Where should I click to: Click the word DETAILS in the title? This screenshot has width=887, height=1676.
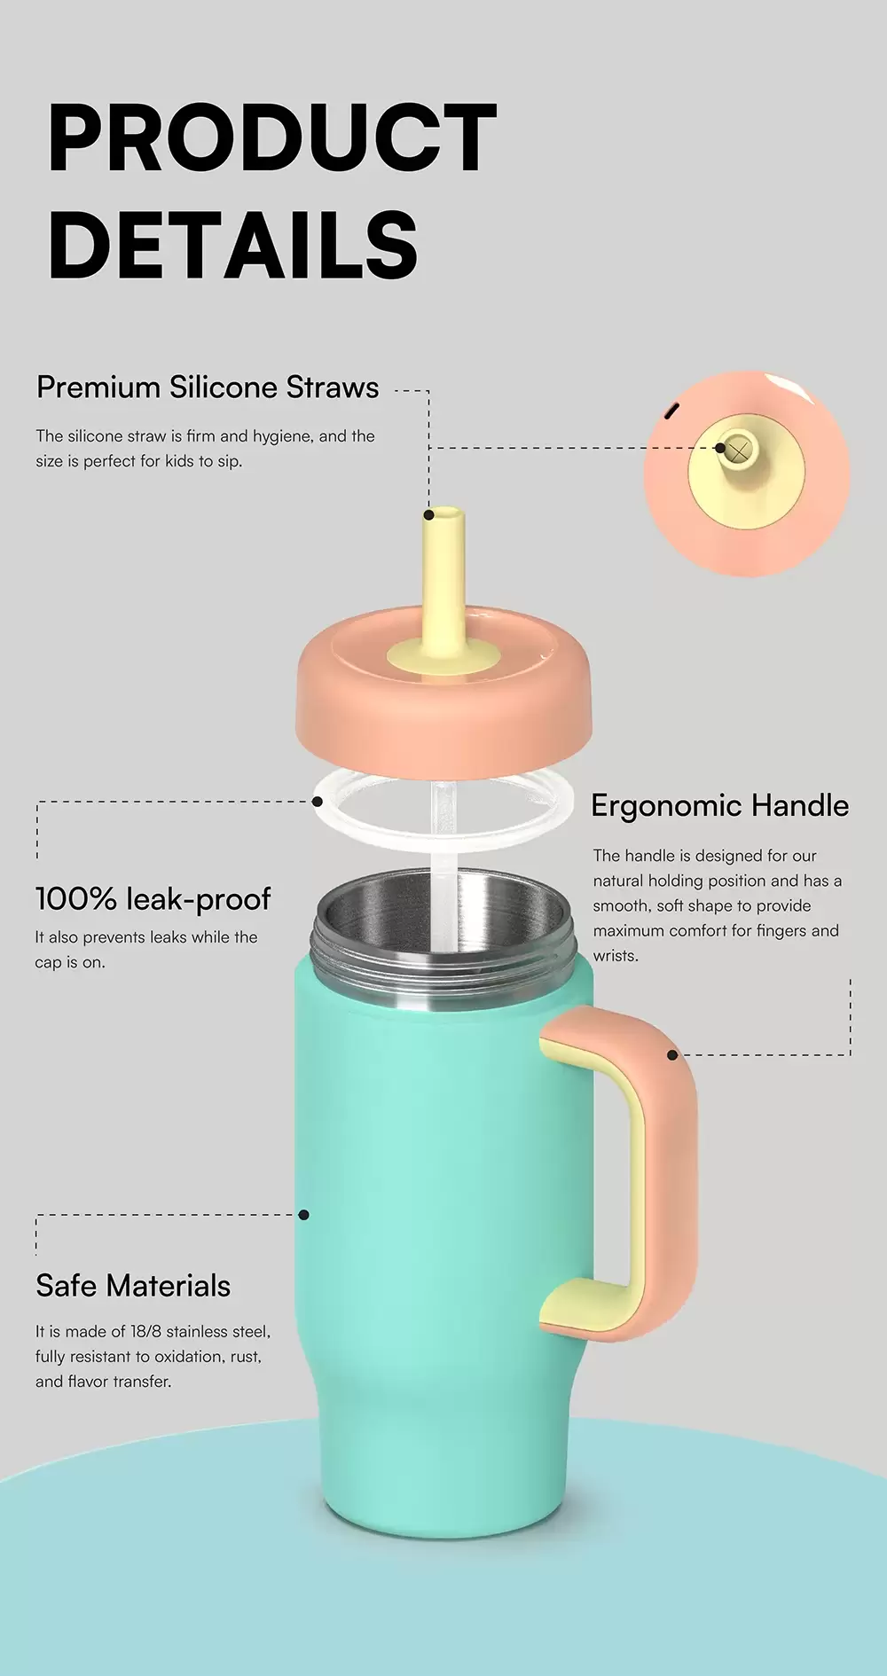click(232, 246)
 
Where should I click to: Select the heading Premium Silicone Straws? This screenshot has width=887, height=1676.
click(208, 388)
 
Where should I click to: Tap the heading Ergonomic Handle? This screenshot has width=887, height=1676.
click(719, 805)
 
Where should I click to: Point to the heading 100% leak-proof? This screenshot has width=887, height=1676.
click(153, 899)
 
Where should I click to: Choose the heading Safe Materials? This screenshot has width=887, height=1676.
click(133, 1286)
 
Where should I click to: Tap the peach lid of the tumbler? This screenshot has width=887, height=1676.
click(443, 709)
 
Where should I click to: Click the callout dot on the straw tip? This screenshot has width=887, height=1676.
click(428, 514)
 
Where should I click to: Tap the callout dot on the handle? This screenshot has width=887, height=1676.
click(672, 1054)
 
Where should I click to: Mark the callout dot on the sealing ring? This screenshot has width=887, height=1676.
click(317, 802)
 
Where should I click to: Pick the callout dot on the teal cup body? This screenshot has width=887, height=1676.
click(303, 1214)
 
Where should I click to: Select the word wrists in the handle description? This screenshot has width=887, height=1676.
click(614, 956)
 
